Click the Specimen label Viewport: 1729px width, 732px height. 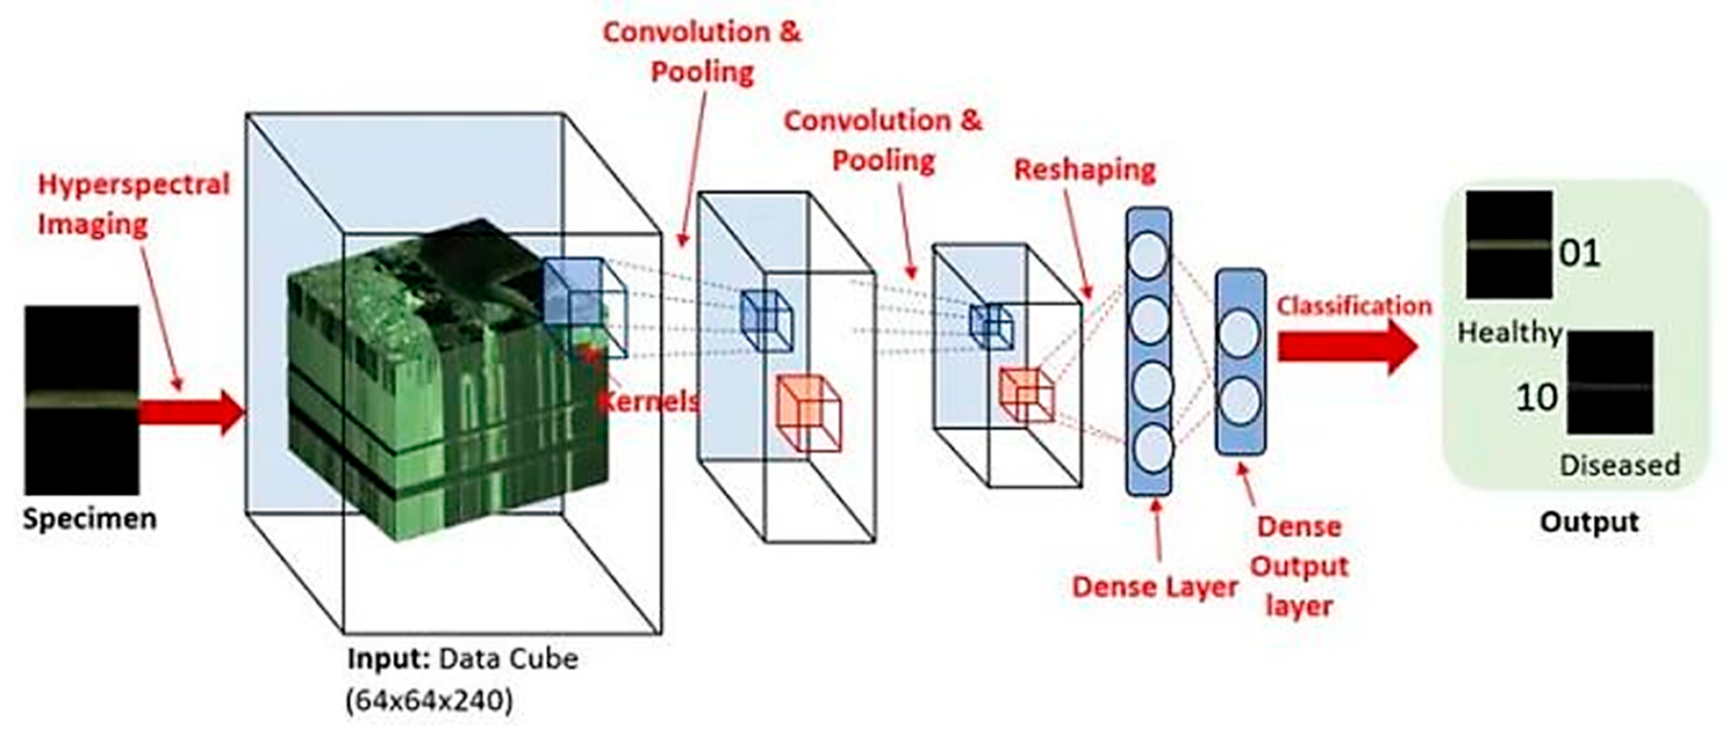point(89,519)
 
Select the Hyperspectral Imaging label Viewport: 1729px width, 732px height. point(133,204)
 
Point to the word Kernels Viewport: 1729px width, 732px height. point(648,401)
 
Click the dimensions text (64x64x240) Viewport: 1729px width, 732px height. point(430,700)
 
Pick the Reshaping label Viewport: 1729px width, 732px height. point(1085,170)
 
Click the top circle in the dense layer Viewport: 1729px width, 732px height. point(1148,256)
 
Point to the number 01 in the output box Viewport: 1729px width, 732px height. point(1579,253)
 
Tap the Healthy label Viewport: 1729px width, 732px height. point(1509,332)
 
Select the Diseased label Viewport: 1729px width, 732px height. point(1619,464)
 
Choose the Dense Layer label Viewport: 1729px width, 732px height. point(1154,587)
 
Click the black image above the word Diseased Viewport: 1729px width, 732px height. point(1610,383)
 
